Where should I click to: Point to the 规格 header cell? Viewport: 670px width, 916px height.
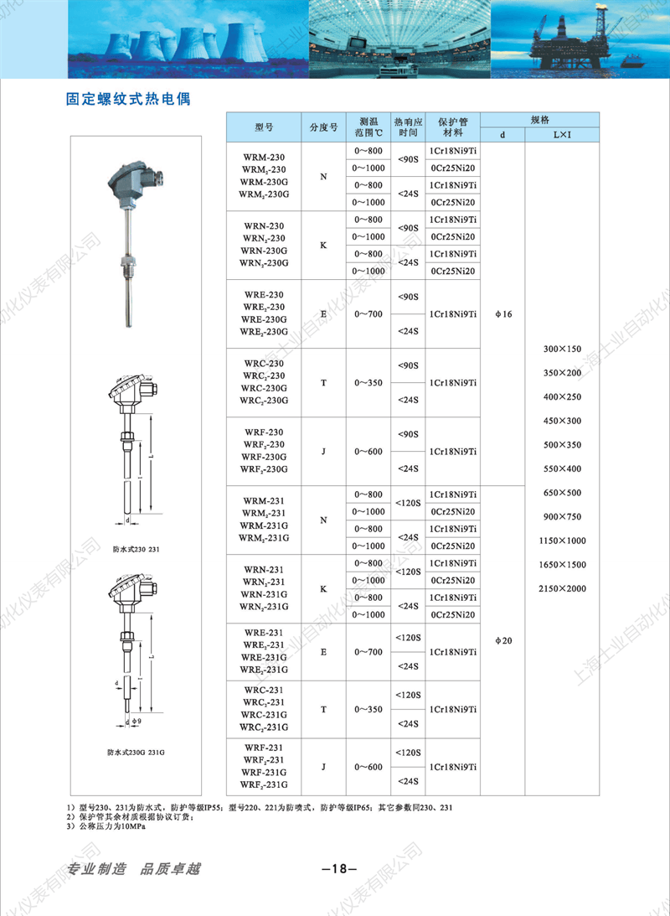coord(539,119)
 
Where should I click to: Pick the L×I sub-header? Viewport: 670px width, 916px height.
coord(561,134)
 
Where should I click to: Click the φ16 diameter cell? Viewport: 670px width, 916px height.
coord(502,313)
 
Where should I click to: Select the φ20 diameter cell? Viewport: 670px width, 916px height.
coord(502,641)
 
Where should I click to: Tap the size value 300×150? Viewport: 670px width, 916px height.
coord(562,348)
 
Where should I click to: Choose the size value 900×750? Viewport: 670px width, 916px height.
coord(562,516)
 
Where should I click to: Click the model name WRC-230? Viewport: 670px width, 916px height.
coord(265,363)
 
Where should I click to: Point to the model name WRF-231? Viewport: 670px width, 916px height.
coord(265,747)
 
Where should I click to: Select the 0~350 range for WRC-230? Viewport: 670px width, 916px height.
coord(368,383)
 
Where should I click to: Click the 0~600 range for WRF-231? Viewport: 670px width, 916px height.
coord(368,767)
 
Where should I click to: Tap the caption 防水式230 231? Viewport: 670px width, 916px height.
coord(136,551)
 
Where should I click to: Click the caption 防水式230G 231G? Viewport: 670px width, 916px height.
coord(136,753)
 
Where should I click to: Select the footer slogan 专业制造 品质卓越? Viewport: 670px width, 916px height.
coord(134,868)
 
